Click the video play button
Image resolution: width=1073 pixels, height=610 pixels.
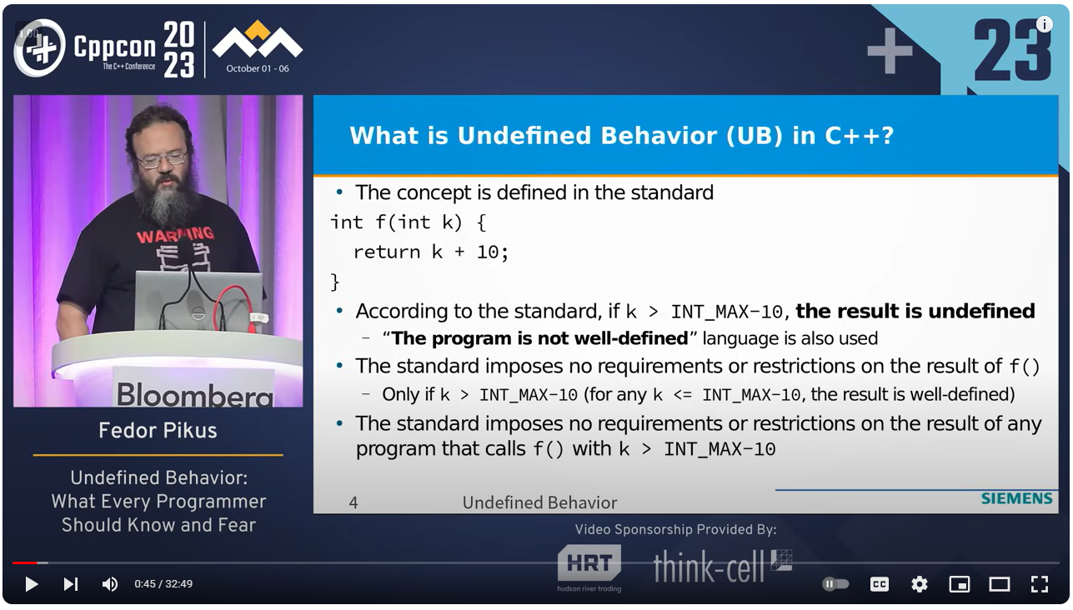tap(32, 584)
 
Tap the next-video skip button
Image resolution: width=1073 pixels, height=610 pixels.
tap(71, 584)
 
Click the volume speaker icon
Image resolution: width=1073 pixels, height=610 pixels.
tap(109, 584)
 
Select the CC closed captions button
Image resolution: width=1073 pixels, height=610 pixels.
tap(879, 584)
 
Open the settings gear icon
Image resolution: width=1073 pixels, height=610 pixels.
tap(919, 584)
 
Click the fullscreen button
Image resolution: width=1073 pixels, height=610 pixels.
tap(1039, 584)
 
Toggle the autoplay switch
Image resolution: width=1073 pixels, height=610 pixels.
tap(835, 584)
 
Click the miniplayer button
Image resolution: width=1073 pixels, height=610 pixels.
tap(959, 584)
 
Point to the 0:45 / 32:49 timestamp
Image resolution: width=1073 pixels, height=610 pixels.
tap(163, 584)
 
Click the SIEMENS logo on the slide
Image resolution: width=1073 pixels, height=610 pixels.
tap(1016, 498)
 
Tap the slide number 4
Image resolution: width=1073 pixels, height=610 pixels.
tap(353, 502)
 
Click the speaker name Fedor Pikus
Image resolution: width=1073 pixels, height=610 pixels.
tap(158, 431)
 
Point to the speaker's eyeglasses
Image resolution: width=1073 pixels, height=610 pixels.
tap(163, 159)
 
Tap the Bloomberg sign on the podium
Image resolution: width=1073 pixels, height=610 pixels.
tap(194, 392)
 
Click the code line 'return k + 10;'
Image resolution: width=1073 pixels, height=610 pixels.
tap(430, 252)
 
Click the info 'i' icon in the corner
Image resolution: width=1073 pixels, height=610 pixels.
tap(1044, 24)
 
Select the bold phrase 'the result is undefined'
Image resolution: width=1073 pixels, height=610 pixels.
tap(915, 312)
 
